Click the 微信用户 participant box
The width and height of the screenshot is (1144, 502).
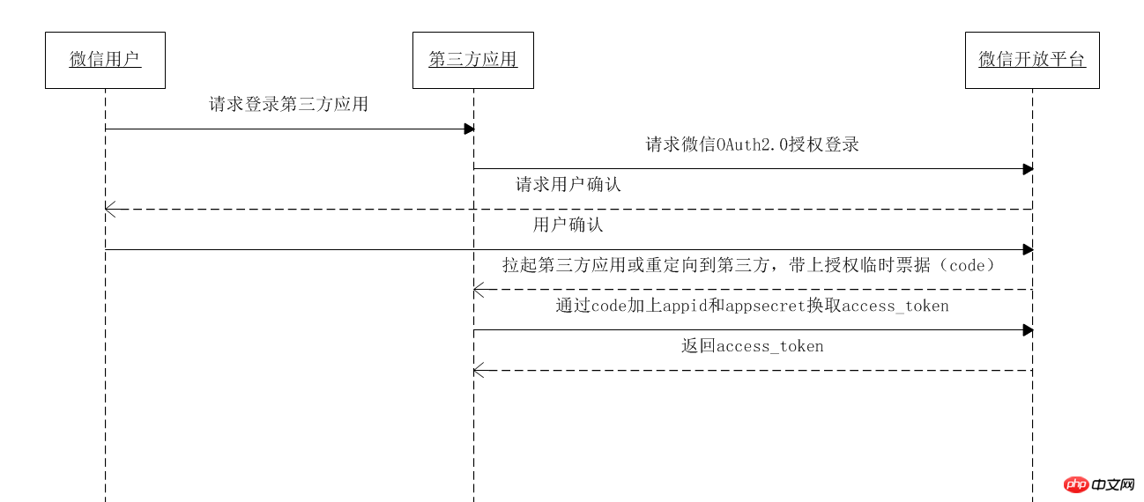pyautogui.click(x=105, y=60)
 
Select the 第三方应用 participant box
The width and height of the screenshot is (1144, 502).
pyautogui.click(x=472, y=60)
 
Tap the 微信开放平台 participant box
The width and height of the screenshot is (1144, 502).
pyautogui.click(x=1032, y=60)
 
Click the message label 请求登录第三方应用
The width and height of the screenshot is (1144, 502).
pyautogui.click(x=288, y=104)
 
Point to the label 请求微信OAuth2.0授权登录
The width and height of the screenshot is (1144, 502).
pyautogui.click(x=752, y=144)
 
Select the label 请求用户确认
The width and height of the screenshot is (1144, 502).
pyautogui.click(x=568, y=185)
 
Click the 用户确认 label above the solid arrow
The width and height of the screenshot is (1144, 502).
pyautogui.click(x=568, y=225)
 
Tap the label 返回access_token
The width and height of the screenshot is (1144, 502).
pyautogui.click(x=752, y=346)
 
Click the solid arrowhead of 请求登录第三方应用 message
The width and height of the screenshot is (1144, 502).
pyautogui.click(x=470, y=129)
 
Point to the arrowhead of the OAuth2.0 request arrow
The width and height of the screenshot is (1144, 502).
pyautogui.click(x=1028, y=168)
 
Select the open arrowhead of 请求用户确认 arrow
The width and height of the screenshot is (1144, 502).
pyautogui.click(x=109, y=209)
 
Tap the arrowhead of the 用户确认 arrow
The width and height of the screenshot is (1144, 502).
pyautogui.click(x=1028, y=249)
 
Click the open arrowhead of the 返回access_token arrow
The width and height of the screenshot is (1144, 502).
pyautogui.click(x=478, y=370)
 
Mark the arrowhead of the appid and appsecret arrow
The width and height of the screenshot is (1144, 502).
pyautogui.click(x=1028, y=329)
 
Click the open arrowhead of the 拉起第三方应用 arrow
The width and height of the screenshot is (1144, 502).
pyautogui.click(x=478, y=289)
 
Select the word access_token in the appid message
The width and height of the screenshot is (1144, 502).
pyautogui.click(x=895, y=306)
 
